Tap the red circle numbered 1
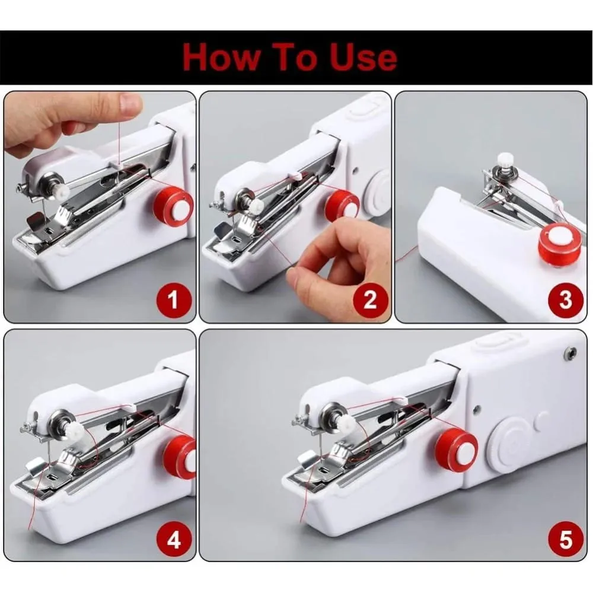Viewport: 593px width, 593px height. (173, 299)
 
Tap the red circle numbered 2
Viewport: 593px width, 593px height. (370, 299)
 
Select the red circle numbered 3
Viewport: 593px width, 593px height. (565, 299)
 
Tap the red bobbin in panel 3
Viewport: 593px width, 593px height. (558, 243)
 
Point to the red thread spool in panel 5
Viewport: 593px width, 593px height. (455, 451)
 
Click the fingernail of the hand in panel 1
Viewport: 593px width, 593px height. (131, 105)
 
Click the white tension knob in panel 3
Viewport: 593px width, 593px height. (505, 160)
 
